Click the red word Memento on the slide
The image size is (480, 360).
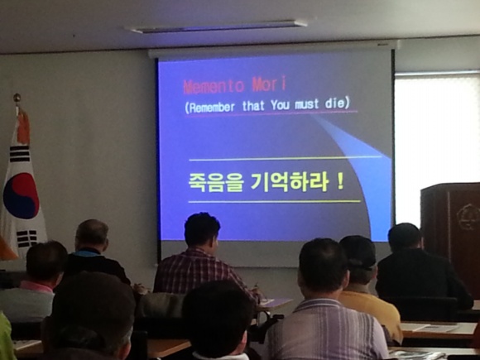pyautogui.click(x=214, y=86)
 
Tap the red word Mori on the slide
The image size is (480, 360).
pyautogui.click(x=270, y=84)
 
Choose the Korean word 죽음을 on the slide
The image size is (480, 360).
pyautogui.click(x=216, y=183)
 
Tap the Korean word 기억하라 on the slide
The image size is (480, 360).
pyautogui.click(x=290, y=182)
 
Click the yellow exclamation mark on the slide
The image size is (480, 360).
pyautogui.click(x=339, y=181)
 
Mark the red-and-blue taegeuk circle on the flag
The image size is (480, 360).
pyautogui.click(x=21, y=196)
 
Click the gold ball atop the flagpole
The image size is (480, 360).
pyautogui.click(x=17, y=98)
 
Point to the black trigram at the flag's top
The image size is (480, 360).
pyautogui.click(x=20, y=154)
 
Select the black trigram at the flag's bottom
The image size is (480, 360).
pyautogui.click(x=27, y=238)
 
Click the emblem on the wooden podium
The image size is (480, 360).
pyautogui.click(x=464, y=217)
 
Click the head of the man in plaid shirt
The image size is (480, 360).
pyautogui.click(x=202, y=230)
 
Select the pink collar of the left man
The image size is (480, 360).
pyautogui.click(x=36, y=286)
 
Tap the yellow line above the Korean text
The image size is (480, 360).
pyautogui.click(x=286, y=158)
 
